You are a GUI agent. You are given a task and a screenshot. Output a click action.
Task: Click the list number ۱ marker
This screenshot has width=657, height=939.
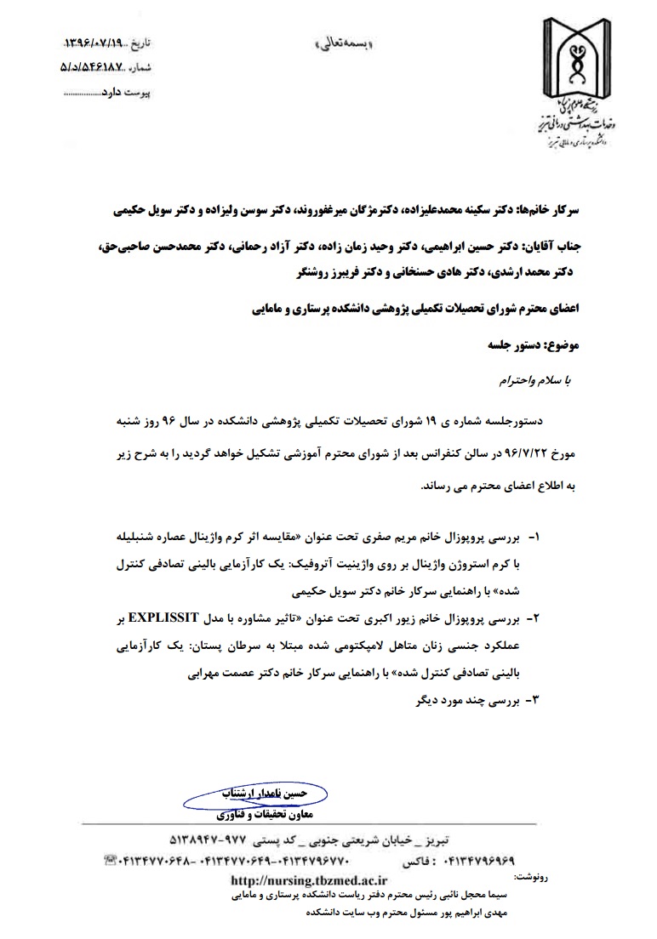[534, 539]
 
